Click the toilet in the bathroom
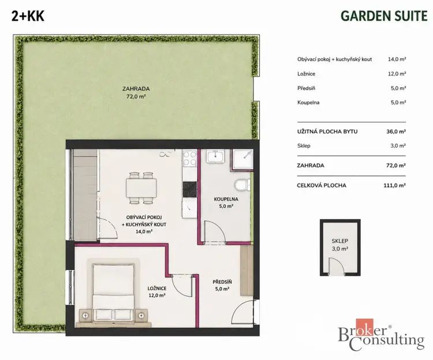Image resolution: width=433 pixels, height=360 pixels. click(241, 185)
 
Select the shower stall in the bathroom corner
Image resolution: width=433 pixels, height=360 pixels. click(242, 160)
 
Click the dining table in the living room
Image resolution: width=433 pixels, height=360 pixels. click(141, 188)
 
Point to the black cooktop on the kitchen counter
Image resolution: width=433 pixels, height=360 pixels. click(190, 189)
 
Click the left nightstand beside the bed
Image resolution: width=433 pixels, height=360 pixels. click(86, 315)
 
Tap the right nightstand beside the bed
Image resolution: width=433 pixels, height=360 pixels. click(141, 315)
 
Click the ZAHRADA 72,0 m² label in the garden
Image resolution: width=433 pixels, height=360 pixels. click(136, 92)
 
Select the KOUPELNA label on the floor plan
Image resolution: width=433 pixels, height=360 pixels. click(226, 199)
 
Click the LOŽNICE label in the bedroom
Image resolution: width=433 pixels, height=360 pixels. click(157, 288)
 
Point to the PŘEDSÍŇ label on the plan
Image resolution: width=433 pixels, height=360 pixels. click(222, 282)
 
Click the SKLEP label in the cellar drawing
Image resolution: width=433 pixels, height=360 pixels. click(340, 241)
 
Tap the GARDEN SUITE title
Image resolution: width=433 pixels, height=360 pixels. click(384, 16)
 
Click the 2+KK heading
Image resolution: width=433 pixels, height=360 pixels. click(28, 16)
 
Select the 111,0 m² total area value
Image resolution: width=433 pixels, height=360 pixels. click(395, 185)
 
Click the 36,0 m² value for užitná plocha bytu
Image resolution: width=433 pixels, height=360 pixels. click(396, 132)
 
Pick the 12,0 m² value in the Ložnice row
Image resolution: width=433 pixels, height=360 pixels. click(397, 74)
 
